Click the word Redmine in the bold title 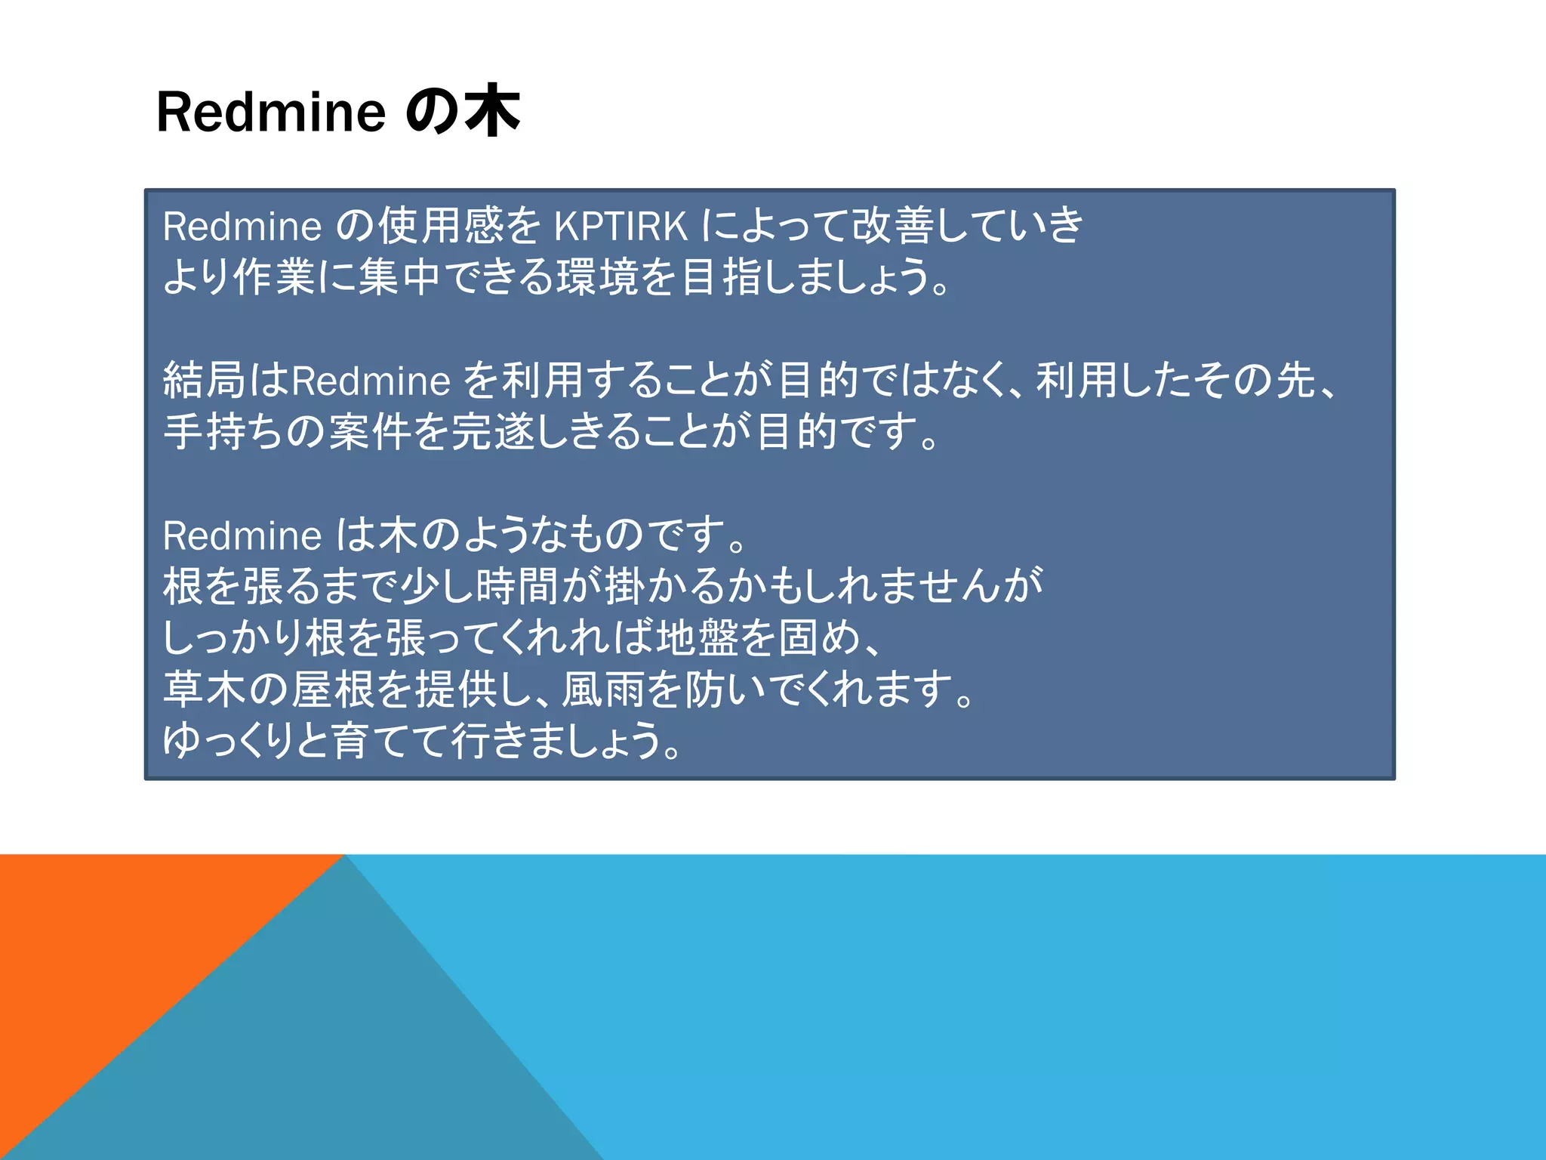click(270, 113)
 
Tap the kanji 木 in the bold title click(491, 112)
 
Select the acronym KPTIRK click(621, 226)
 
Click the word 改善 click(892, 226)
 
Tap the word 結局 click(204, 380)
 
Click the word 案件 click(368, 431)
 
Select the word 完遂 click(491, 431)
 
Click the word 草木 click(204, 688)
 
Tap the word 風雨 click(601, 688)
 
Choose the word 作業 click(274, 276)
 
